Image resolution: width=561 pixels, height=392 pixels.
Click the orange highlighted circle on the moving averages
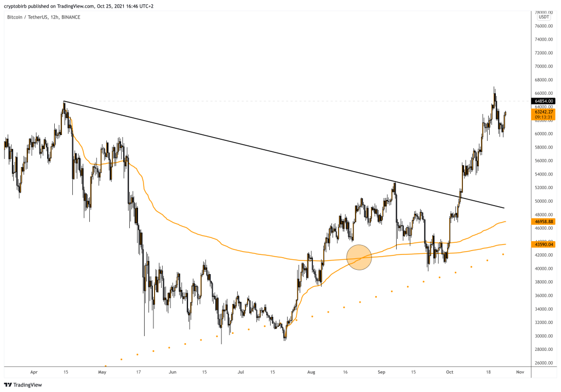coord(359,257)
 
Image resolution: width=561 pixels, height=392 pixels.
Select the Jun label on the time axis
coord(173,372)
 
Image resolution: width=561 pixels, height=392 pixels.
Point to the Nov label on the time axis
coord(520,372)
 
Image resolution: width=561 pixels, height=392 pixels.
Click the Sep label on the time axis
coord(381,372)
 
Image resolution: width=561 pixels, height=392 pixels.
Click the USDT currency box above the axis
coord(543,18)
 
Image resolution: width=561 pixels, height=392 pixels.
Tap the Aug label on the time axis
coord(312,372)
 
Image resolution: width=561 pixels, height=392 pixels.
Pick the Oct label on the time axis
coord(449,372)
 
